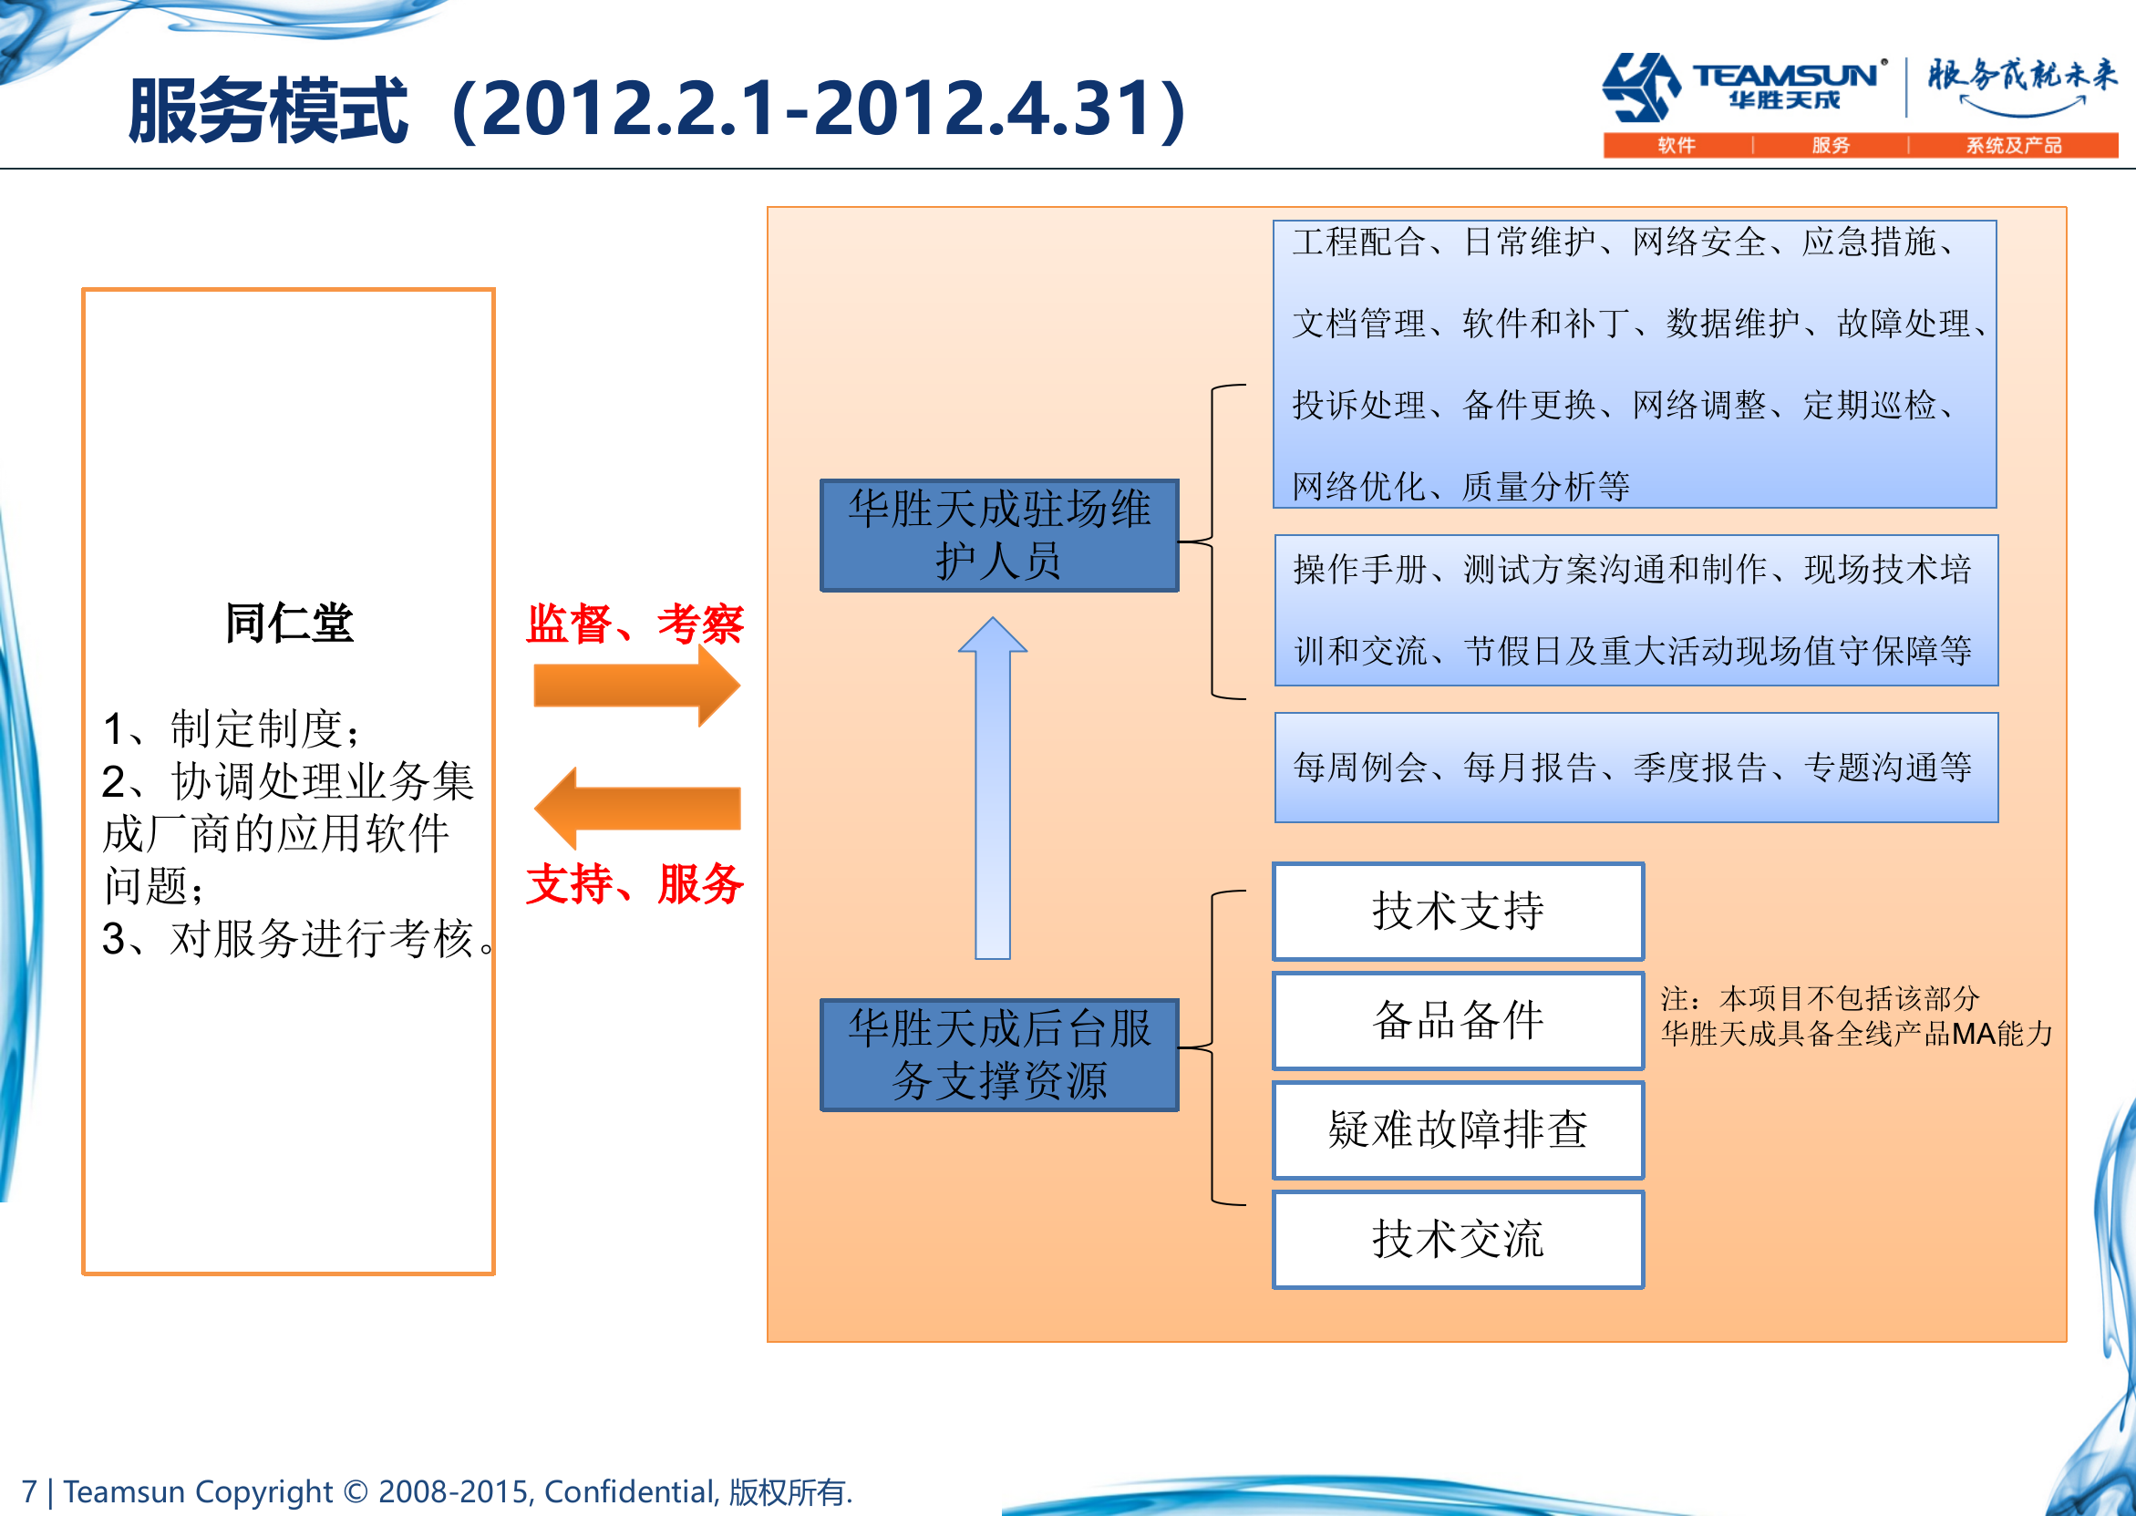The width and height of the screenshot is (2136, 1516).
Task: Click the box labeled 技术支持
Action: tap(1459, 911)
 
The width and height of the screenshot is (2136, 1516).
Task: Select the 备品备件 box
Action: tap(1459, 1020)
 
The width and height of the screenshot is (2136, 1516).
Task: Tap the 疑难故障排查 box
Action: tap(1459, 1129)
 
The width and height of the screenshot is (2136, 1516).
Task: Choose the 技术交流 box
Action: tap(1459, 1240)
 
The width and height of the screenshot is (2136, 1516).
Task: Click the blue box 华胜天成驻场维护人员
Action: tap(999, 535)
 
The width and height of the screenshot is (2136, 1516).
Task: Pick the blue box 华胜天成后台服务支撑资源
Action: tap(999, 1055)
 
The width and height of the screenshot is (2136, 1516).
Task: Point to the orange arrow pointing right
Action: tap(636, 686)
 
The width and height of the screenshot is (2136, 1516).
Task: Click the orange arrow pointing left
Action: tap(636, 809)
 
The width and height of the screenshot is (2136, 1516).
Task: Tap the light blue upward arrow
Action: tap(993, 788)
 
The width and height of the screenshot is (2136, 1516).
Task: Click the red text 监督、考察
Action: tap(635, 624)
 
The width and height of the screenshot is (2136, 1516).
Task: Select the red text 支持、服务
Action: tap(635, 883)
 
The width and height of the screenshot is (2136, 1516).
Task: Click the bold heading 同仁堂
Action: tap(288, 623)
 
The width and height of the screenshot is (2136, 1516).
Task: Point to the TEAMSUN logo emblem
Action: tap(1641, 87)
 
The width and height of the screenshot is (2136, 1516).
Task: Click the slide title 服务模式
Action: tap(268, 111)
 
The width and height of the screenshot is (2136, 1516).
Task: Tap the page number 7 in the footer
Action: tap(29, 1490)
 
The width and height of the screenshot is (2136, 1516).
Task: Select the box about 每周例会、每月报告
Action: tap(1636, 768)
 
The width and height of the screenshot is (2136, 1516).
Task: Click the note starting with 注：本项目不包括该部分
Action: tap(1856, 1016)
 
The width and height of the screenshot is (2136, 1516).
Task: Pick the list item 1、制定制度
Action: tap(231, 728)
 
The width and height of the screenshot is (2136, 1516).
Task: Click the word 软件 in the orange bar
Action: tap(1676, 146)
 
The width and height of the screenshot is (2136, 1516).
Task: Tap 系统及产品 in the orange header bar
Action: tap(2014, 146)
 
